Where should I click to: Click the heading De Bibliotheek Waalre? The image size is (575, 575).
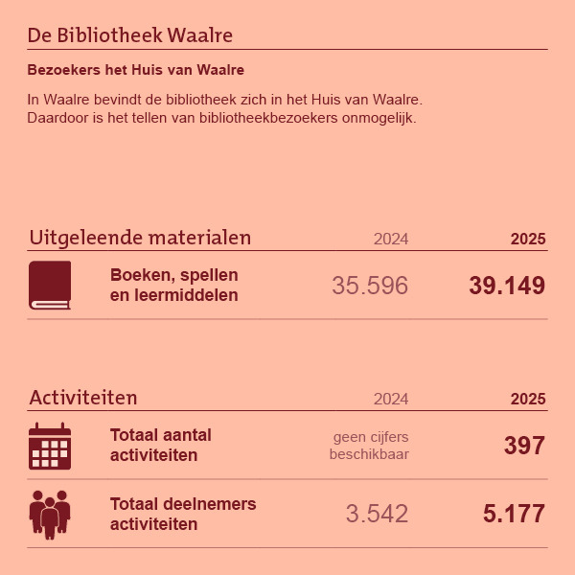(x=130, y=35)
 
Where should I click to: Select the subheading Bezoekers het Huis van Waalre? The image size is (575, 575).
(x=135, y=70)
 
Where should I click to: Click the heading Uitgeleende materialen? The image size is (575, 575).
(x=140, y=237)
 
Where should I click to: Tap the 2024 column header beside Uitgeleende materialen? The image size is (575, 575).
(x=391, y=239)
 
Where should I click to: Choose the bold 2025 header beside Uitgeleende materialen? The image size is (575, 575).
(x=528, y=239)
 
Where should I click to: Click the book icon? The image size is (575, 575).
(x=50, y=285)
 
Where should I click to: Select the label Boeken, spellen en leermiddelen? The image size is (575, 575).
(x=174, y=285)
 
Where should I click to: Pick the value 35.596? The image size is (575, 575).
(x=370, y=286)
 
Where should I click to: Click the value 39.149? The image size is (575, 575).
(x=507, y=286)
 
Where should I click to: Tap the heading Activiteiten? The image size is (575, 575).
(x=83, y=398)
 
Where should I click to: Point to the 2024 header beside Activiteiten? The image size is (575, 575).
(x=391, y=399)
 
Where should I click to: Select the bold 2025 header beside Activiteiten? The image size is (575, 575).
(x=528, y=399)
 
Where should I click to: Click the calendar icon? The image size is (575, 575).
(x=50, y=446)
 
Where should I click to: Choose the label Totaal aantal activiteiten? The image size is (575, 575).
(x=161, y=445)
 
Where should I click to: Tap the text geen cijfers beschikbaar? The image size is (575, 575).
(x=370, y=445)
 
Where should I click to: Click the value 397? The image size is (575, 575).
(x=524, y=446)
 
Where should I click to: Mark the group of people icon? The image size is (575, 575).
(x=50, y=514)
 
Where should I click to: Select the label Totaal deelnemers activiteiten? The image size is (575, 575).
(x=183, y=514)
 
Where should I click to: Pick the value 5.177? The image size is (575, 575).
(x=515, y=514)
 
